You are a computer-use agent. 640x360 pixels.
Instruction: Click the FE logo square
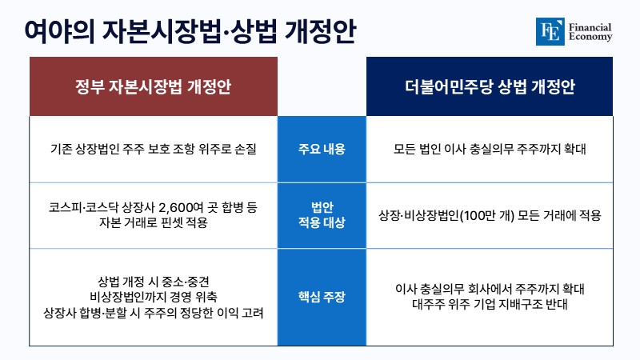tap(550, 31)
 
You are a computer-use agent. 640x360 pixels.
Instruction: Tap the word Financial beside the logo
tap(590, 27)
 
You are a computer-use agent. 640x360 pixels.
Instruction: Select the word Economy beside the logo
tap(590, 37)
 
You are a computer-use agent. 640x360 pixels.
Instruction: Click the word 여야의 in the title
tap(59, 31)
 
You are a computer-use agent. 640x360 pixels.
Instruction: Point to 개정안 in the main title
tap(320, 31)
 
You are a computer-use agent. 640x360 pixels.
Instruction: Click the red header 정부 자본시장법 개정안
tap(154, 86)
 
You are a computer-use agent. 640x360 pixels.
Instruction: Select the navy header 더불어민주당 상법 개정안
tap(490, 86)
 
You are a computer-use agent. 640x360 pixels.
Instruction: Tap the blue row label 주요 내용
tap(322, 149)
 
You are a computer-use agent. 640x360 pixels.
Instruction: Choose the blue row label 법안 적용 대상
tap(322, 215)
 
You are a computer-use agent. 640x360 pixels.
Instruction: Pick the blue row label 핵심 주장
tap(322, 297)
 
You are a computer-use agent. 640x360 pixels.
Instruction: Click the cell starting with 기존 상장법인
tap(154, 149)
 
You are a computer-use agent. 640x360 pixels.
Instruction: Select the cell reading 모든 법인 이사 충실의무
tap(490, 149)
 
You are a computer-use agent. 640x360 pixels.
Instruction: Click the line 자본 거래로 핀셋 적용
tap(154, 223)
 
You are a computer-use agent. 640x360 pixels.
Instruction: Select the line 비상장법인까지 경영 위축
tap(154, 297)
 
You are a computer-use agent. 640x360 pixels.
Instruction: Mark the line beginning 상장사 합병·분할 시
tap(154, 313)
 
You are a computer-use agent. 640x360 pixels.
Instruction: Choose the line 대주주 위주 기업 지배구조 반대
tap(490, 305)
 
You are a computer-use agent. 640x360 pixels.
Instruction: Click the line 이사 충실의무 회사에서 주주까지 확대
tap(490, 290)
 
